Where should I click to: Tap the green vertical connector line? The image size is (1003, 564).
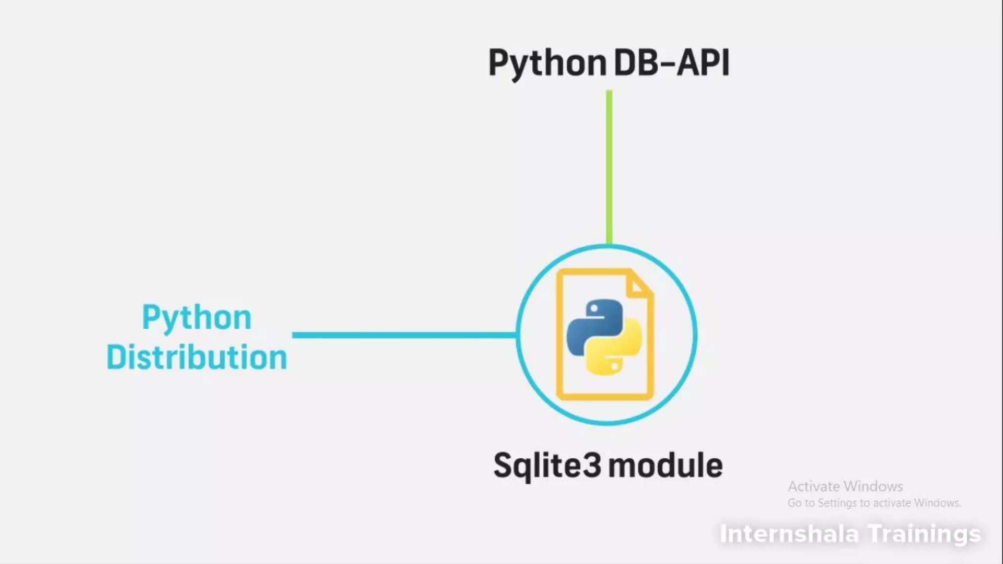[609, 166]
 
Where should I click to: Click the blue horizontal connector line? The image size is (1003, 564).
[404, 335]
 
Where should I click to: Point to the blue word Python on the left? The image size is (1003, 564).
[196, 318]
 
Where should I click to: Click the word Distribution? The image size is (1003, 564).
[196, 357]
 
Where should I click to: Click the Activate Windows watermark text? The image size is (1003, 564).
[845, 486]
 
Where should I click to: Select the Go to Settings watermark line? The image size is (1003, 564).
[874, 503]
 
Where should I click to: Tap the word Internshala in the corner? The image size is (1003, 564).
[788, 534]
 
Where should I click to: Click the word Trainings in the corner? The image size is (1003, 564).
[925, 534]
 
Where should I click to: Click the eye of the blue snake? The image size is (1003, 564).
[594, 309]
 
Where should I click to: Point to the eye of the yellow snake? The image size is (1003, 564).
[615, 365]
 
